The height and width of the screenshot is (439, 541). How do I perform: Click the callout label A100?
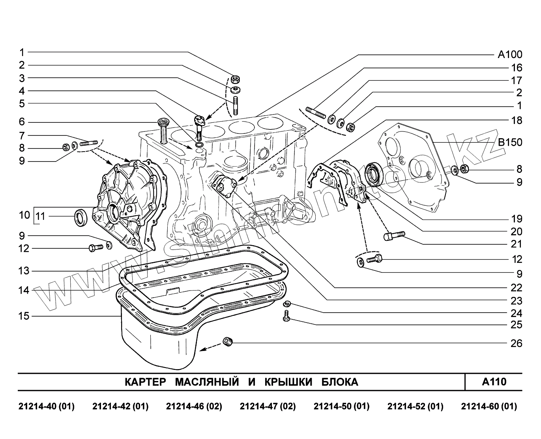[509, 54]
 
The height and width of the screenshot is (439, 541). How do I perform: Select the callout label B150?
[509, 142]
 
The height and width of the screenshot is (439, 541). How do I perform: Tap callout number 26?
[516, 343]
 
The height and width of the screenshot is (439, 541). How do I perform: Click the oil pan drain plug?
[228, 341]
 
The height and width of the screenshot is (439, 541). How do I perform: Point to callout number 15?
[24, 316]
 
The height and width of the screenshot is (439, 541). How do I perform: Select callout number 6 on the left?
[22, 122]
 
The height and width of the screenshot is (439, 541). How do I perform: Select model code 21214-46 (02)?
[194, 406]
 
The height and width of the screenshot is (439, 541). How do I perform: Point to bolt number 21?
[393, 236]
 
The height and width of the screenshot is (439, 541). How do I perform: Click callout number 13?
[24, 271]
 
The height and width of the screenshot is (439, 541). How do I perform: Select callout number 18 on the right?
[516, 120]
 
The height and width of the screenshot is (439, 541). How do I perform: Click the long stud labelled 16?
[315, 111]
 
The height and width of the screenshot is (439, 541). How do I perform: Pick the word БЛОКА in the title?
[340, 382]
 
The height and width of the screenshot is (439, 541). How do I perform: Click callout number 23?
[516, 301]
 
